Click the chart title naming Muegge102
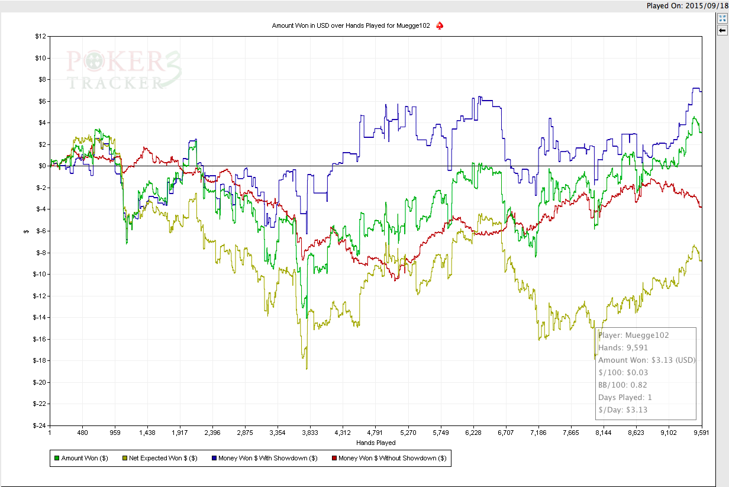pos(351,25)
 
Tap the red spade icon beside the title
pos(440,25)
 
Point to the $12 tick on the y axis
pos(41,36)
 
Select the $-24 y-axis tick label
pos(40,425)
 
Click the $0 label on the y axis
pos(43,166)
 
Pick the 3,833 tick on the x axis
pos(310,433)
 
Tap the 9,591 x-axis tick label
pos(701,433)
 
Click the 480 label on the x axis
pos(82,433)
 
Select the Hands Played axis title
pos(376,443)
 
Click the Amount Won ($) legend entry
pos(82,458)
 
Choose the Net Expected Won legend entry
pos(160,458)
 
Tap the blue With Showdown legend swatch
pos(214,458)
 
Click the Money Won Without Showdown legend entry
pos(389,458)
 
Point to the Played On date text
pos(688,6)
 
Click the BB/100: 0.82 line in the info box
pos(622,385)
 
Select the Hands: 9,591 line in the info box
pos(623,348)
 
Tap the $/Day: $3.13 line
pos(623,409)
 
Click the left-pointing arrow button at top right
pos(722,31)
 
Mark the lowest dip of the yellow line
pos(307,369)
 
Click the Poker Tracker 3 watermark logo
pos(124,69)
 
